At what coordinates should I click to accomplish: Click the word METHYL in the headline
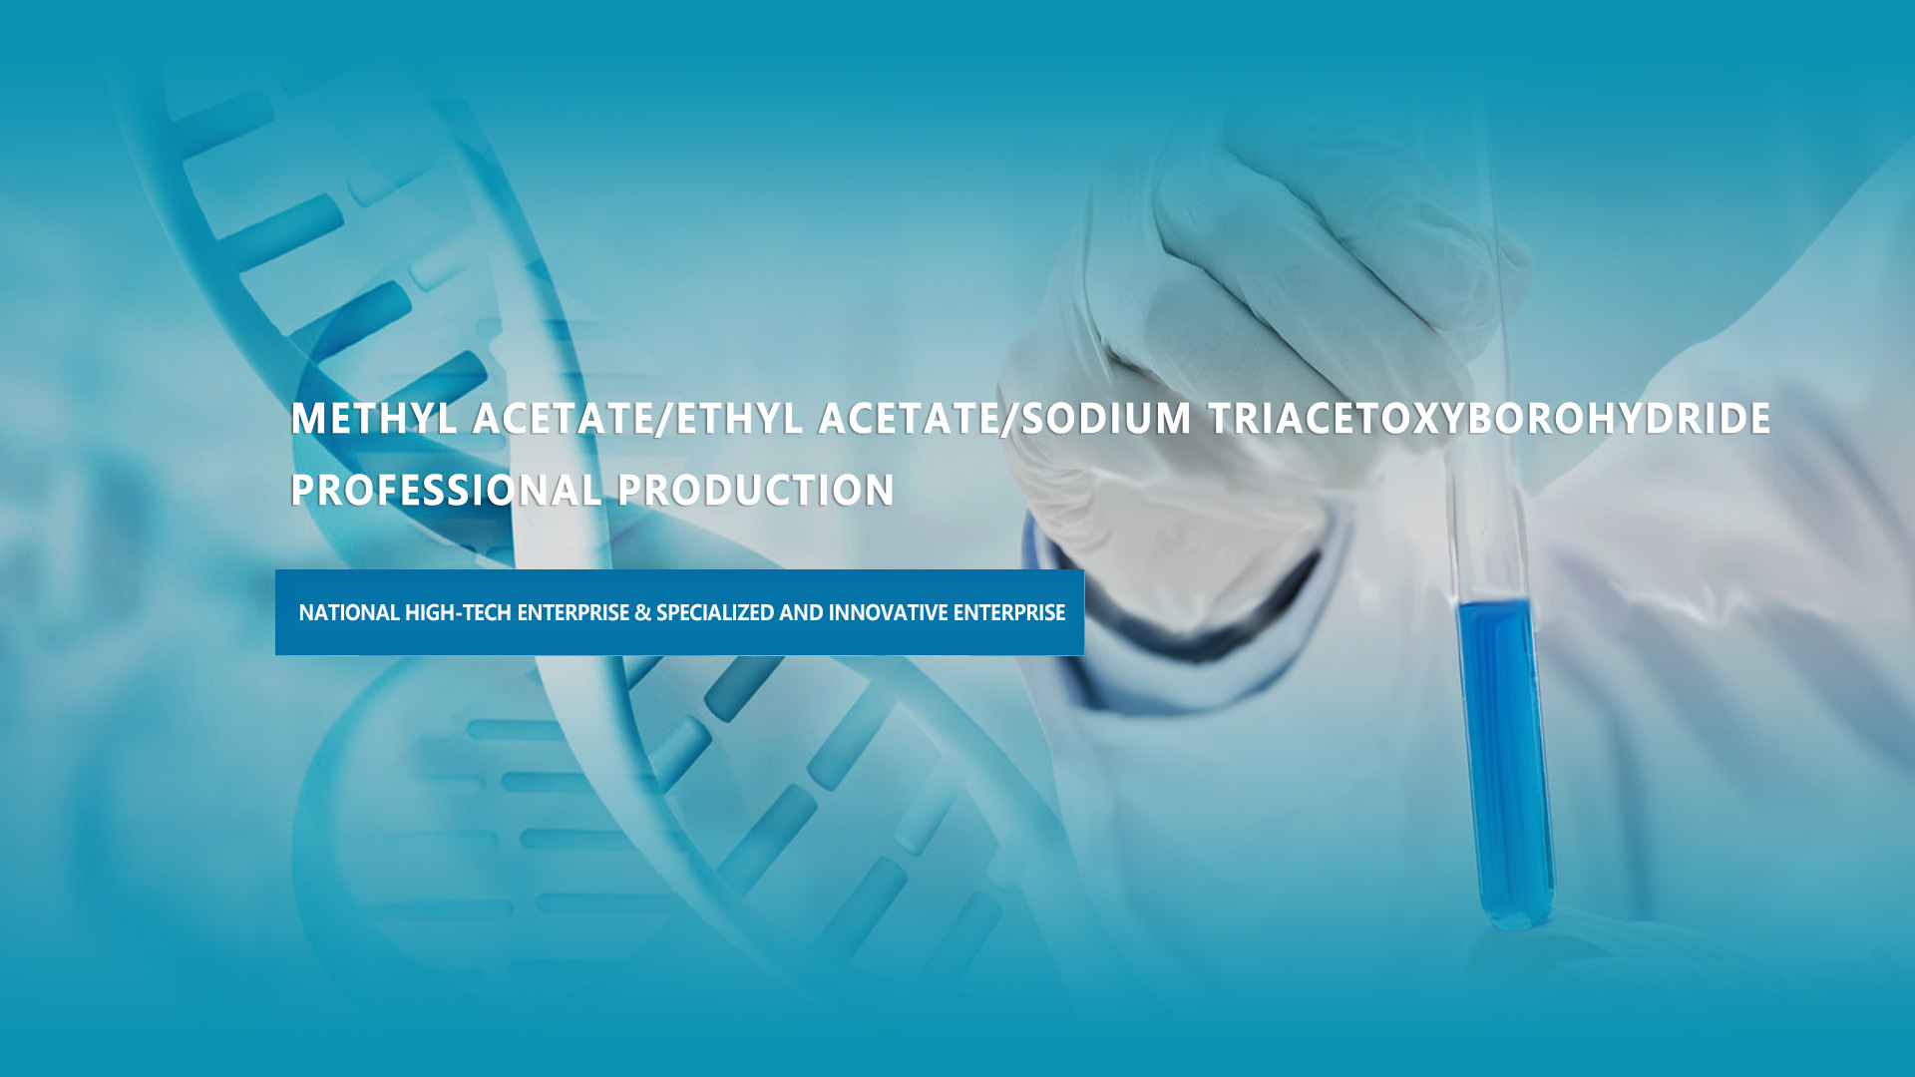tap(374, 419)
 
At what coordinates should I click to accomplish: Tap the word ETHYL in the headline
tap(739, 419)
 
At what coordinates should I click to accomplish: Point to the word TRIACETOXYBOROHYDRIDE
tap(1490, 419)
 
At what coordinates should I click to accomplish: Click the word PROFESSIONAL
tap(446, 491)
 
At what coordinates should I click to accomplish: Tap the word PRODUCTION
tap(756, 491)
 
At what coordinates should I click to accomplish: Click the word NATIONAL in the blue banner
tap(349, 612)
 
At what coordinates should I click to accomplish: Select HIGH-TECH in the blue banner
tap(458, 612)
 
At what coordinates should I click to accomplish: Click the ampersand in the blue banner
tap(642, 612)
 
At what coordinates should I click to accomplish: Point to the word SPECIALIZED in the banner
tap(715, 612)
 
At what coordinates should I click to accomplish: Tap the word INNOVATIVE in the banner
tap(888, 612)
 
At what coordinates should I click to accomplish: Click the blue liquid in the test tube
tap(1504, 758)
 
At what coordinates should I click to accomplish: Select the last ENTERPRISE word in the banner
tap(1009, 612)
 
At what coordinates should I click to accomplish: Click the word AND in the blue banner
tap(801, 612)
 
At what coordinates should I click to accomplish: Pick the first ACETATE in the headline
tap(563, 419)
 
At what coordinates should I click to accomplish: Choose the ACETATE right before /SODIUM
tap(909, 419)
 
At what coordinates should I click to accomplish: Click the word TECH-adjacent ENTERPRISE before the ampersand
tap(574, 612)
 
